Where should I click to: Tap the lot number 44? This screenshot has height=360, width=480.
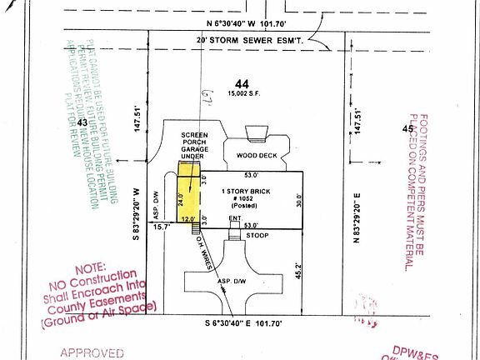coord(242,84)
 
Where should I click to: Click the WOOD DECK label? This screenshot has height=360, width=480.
coord(255,154)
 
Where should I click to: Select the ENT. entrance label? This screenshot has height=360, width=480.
coord(234,217)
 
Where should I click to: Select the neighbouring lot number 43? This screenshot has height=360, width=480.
coord(82,122)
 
